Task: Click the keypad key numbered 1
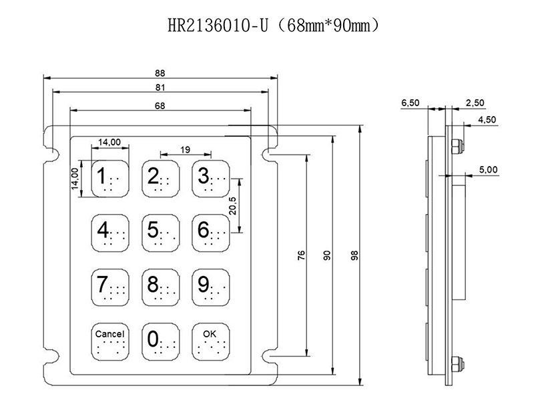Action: pos(107,177)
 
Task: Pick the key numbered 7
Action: pos(107,285)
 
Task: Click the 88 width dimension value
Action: pos(160,73)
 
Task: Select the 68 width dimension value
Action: pos(160,105)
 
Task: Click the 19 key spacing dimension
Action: pos(185,151)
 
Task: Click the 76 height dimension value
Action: pos(301,255)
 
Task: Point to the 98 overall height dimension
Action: pos(354,255)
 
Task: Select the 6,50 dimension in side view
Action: pos(410,103)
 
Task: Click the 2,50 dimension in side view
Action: pos(475,103)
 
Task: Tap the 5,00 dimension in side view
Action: pos(488,170)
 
